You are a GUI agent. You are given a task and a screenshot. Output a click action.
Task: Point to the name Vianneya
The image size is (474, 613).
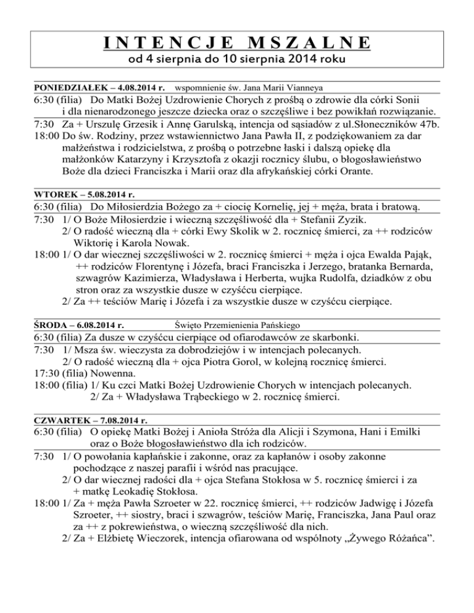(x=298, y=88)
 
